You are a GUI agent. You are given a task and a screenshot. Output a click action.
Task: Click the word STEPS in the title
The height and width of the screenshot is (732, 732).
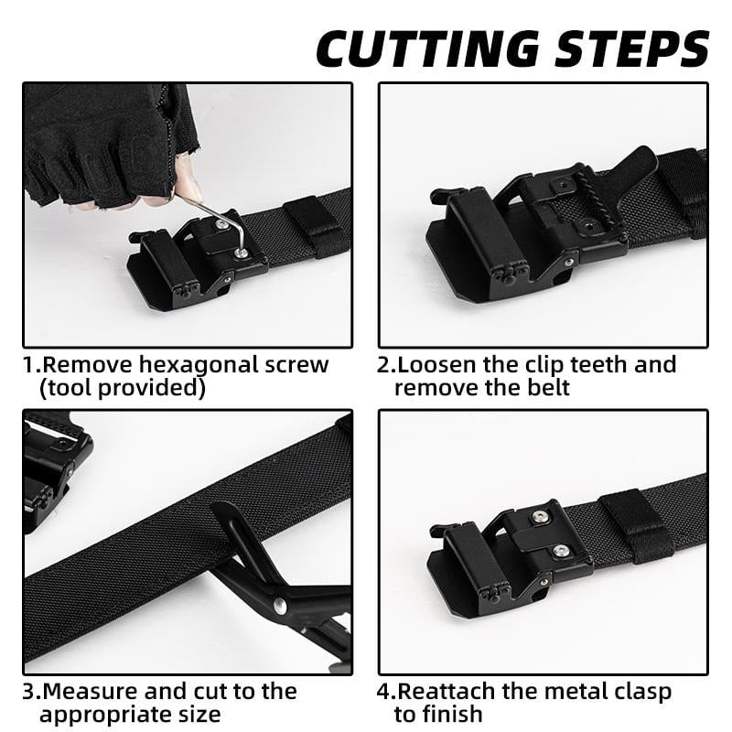[x=627, y=48]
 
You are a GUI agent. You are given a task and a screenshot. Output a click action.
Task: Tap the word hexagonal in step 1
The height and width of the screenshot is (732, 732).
[x=199, y=365]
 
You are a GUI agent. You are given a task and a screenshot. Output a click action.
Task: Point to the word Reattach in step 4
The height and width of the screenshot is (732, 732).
[x=444, y=691]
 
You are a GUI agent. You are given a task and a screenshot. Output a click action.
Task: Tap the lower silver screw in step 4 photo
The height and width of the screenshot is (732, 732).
[x=560, y=550]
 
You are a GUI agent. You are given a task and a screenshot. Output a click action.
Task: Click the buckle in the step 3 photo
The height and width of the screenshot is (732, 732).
[x=55, y=467]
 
